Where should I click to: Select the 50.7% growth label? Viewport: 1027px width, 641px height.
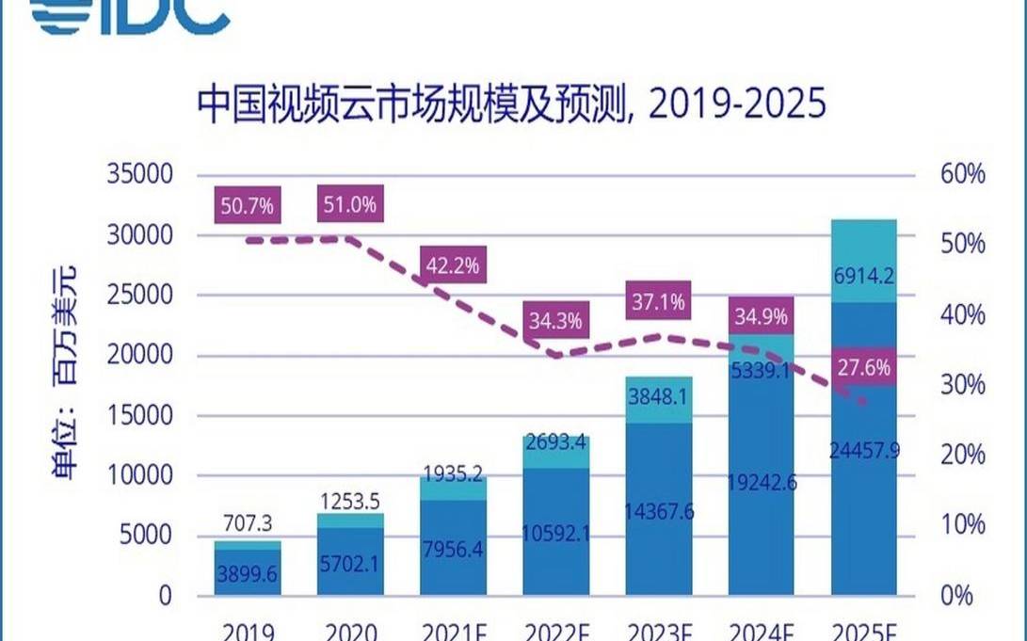[248, 203]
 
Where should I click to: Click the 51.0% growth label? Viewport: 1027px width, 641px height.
[350, 203]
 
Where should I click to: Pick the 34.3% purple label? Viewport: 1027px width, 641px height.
[555, 321]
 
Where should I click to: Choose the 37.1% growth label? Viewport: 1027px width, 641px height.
[658, 302]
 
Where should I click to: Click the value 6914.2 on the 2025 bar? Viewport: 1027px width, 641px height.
[863, 277]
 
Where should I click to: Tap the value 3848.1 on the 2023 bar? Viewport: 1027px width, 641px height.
[658, 396]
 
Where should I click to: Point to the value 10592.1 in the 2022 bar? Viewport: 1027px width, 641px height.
[555, 534]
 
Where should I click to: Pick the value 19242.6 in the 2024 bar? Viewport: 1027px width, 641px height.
[761, 482]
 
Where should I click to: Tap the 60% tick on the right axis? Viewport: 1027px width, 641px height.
[962, 174]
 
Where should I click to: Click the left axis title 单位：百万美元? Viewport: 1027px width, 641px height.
[67, 374]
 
